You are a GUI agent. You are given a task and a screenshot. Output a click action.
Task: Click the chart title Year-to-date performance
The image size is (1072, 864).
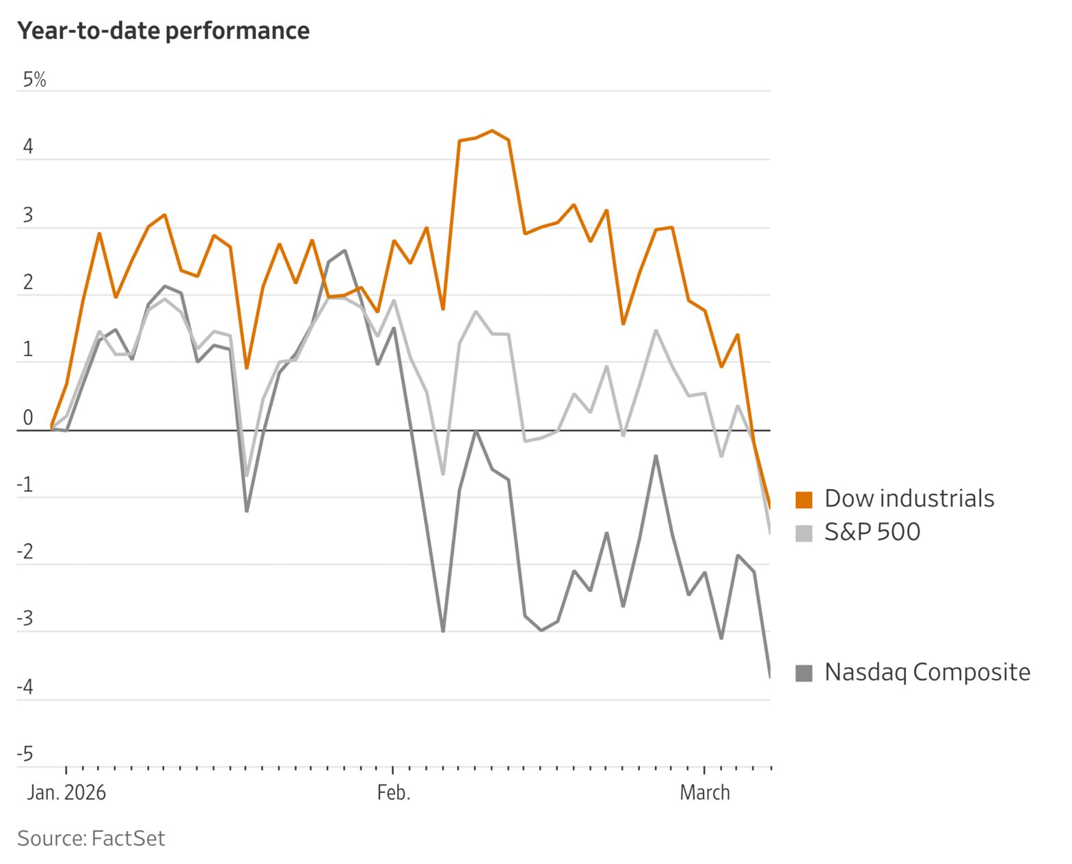click(x=163, y=31)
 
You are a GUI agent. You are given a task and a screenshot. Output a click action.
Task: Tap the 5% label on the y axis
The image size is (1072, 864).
click(x=34, y=80)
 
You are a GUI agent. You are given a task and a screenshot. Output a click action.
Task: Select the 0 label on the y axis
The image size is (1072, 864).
click(x=27, y=417)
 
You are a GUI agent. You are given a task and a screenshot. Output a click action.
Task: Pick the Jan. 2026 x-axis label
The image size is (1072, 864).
click(x=66, y=792)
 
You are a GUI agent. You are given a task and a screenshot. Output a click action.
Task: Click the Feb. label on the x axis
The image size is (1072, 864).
click(x=394, y=792)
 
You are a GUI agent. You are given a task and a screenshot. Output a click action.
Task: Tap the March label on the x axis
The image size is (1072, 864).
click(x=704, y=792)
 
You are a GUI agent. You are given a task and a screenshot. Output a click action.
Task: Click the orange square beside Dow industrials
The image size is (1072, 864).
click(x=803, y=499)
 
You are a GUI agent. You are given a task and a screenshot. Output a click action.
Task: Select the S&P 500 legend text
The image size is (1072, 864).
click(x=872, y=532)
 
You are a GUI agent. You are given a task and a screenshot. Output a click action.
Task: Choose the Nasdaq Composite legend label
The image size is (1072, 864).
click(x=927, y=672)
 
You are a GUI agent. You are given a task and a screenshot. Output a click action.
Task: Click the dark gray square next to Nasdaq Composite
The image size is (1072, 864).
click(x=803, y=673)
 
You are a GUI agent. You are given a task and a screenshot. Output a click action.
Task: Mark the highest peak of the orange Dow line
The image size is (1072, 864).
click(x=492, y=130)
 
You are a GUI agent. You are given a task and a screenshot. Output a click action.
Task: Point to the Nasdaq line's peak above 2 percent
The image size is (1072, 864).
click(x=345, y=251)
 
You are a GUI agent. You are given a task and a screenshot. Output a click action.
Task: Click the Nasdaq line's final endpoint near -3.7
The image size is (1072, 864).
click(x=770, y=676)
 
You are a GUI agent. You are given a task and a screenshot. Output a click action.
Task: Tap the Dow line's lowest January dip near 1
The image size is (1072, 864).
click(x=247, y=368)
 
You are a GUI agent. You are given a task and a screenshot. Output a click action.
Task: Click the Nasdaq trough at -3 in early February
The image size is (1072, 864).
click(x=443, y=631)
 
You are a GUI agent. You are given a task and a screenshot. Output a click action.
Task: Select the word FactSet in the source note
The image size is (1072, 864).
click(x=129, y=838)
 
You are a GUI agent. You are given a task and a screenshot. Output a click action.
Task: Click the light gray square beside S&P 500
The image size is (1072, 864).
click(x=803, y=533)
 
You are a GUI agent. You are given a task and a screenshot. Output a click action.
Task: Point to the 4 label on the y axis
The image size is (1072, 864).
click(x=27, y=147)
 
